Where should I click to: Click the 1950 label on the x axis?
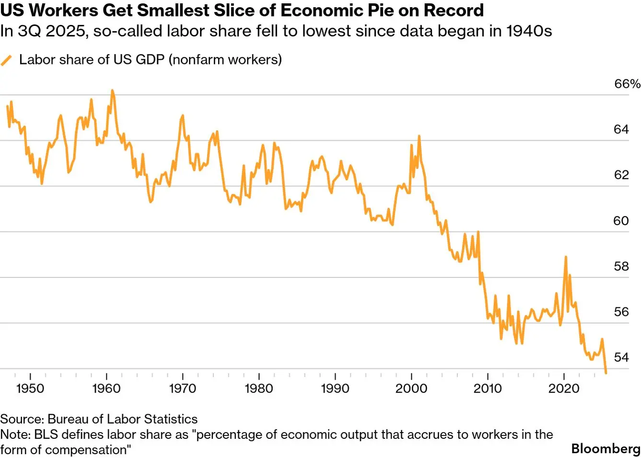tap(30, 388)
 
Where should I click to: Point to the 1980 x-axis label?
tap(259, 388)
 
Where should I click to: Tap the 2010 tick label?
tap(488, 388)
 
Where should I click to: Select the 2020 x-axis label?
tap(564, 388)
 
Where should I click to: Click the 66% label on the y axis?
tap(627, 84)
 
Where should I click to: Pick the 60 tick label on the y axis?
tap(621, 221)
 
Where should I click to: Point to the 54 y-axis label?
tap(621, 358)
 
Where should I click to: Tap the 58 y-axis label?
tap(621, 266)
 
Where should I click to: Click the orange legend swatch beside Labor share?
tap(6, 60)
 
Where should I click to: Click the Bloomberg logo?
tap(606, 449)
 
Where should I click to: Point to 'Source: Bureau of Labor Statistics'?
tap(99, 419)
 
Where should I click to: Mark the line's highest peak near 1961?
tap(112, 90)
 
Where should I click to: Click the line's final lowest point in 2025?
tap(606, 373)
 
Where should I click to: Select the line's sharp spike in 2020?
tap(566, 257)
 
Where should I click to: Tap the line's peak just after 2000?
tap(419, 136)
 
